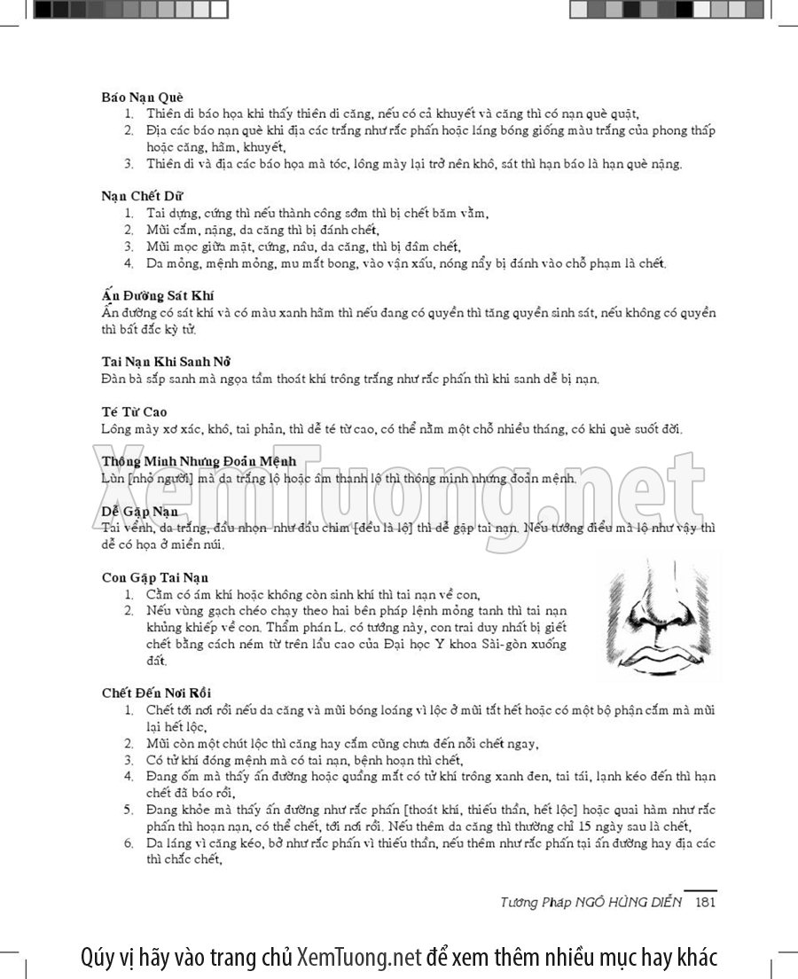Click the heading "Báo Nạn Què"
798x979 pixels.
click(143, 98)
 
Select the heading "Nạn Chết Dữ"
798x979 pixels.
click(143, 196)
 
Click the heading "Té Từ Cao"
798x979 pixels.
click(134, 411)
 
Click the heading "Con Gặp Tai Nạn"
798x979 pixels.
click(155, 577)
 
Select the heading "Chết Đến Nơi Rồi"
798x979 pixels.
click(156, 692)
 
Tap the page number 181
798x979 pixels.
click(706, 902)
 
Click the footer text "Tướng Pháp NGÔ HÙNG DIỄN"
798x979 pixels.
click(591, 902)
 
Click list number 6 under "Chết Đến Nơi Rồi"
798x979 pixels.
click(129, 843)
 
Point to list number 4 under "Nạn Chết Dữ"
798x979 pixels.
click(129, 263)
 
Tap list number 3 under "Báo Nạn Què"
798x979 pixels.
click(129, 163)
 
